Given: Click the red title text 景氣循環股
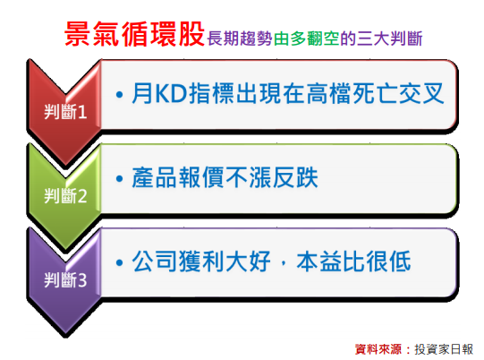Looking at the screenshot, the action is click(134, 34).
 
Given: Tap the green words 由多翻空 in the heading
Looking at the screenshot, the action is click(306, 39).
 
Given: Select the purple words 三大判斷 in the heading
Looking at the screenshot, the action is click(389, 39).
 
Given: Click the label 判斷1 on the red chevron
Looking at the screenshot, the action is click(65, 112).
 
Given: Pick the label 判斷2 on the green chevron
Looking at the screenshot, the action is click(65, 196).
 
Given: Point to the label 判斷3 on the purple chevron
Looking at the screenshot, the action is click(65, 280).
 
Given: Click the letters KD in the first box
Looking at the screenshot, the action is click(172, 93).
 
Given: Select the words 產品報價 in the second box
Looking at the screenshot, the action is click(177, 177).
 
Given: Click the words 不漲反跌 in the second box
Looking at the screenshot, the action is click(272, 177).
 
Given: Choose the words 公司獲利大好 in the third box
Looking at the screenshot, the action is click(201, 261).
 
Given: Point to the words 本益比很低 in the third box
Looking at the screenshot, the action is click(353, 261).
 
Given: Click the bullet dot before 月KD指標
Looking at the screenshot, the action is click(120, 94).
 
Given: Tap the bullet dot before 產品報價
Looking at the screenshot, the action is click(120, 178).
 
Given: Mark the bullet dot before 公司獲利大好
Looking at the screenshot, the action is click(120, 262).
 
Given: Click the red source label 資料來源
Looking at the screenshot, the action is click(378, 349).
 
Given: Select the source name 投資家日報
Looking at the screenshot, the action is click(444, 349).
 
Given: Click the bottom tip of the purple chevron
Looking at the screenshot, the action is click(65, 335).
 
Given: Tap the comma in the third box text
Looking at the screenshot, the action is click(284, 263).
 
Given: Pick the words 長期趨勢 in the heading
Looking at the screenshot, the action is click(240, 39).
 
